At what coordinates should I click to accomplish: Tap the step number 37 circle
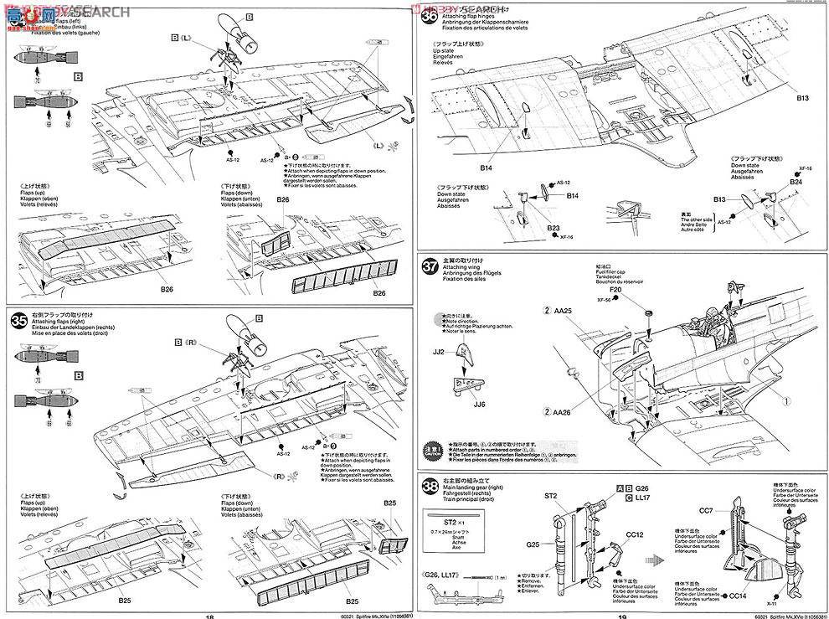pos(430,267)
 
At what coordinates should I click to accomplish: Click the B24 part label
pos(796,182)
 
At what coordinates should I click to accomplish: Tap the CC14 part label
pos(739,596)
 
